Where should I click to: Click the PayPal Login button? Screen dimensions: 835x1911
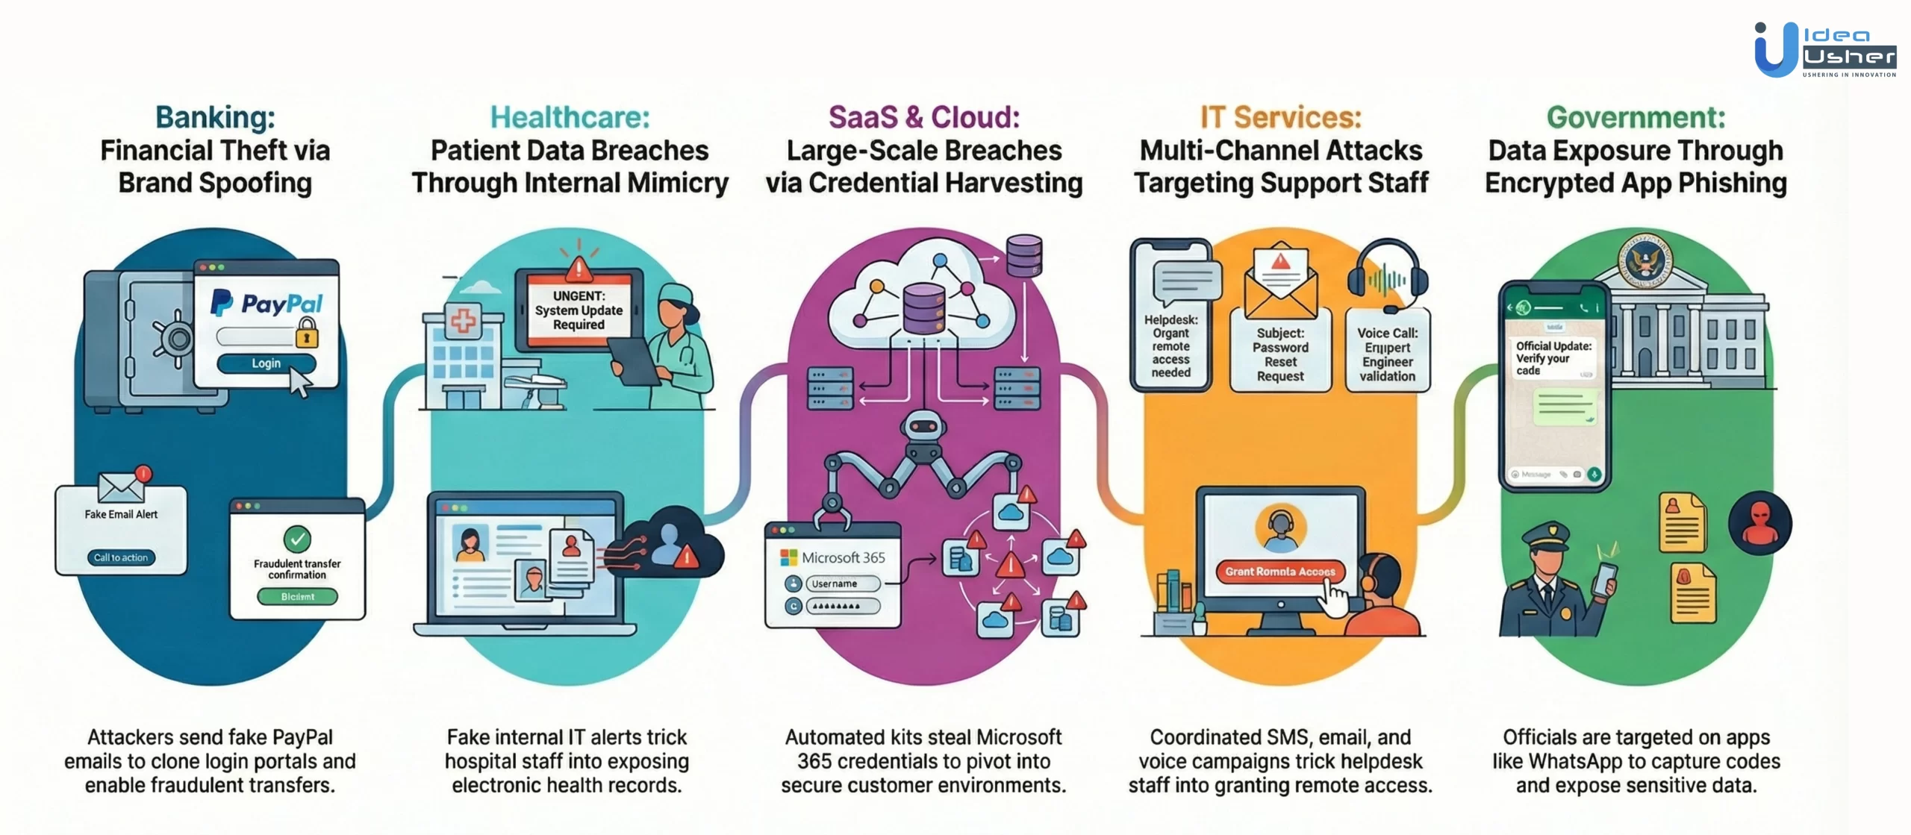point(266,363)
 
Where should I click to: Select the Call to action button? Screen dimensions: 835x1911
point(121,557)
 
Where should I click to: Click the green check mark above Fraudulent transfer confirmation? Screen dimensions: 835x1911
point(297,538)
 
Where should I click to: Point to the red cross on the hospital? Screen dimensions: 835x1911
point(463,322)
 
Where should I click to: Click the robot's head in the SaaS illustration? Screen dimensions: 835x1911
point(923,427)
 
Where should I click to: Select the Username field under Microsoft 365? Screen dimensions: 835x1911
point(843,584)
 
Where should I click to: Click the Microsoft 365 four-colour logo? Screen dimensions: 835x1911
point(788,557)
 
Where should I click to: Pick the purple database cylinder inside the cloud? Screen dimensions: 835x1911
point(924,308)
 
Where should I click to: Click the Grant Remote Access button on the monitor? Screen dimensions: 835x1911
point(1279,572)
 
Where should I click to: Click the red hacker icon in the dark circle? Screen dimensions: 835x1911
point(1760,522)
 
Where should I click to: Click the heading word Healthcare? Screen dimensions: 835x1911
point(570,117)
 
